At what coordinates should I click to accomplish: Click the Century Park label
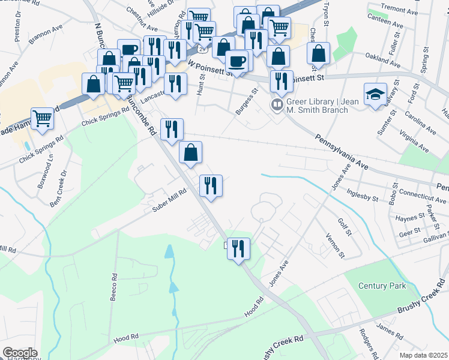(382, 286)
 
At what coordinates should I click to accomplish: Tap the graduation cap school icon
(375, 95)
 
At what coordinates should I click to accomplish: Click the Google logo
(20, 353)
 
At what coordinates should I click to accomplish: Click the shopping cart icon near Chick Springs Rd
(42, 118)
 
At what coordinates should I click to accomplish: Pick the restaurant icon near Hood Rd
(238, 248)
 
